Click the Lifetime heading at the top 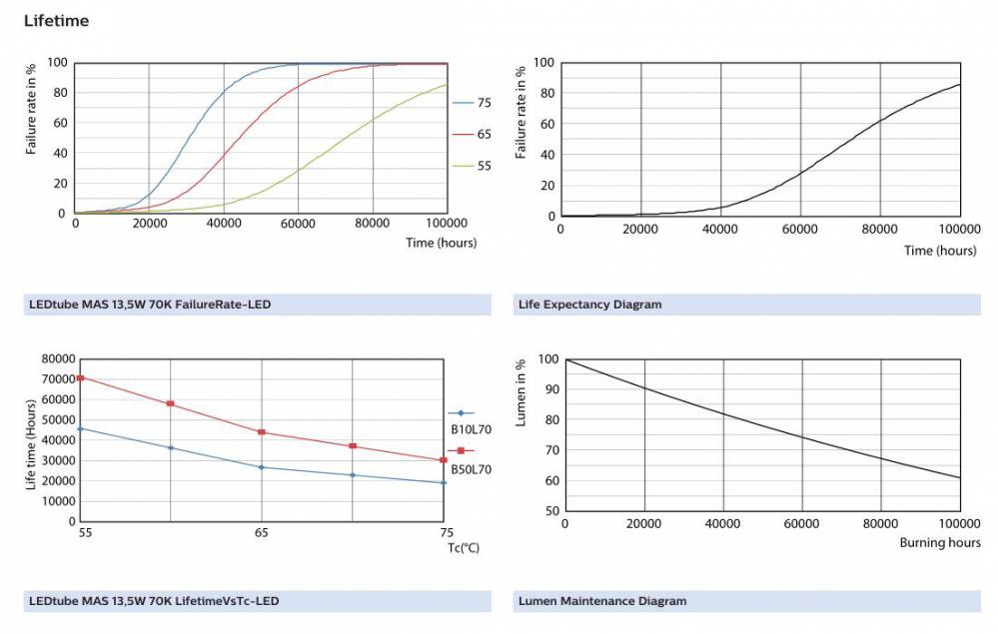56,20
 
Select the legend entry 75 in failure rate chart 484,103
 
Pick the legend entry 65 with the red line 484,134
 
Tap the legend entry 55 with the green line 484,166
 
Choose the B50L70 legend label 470,468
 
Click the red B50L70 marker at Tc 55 80,377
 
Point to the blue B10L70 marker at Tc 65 262,467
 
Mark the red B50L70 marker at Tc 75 443,460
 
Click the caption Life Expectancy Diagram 589,305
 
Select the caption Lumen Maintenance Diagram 602,601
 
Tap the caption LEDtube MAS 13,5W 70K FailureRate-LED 151,305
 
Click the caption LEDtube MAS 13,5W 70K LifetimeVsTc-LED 153,601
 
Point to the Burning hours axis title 940,543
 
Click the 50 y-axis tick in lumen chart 547,511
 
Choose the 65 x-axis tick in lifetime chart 262,533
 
